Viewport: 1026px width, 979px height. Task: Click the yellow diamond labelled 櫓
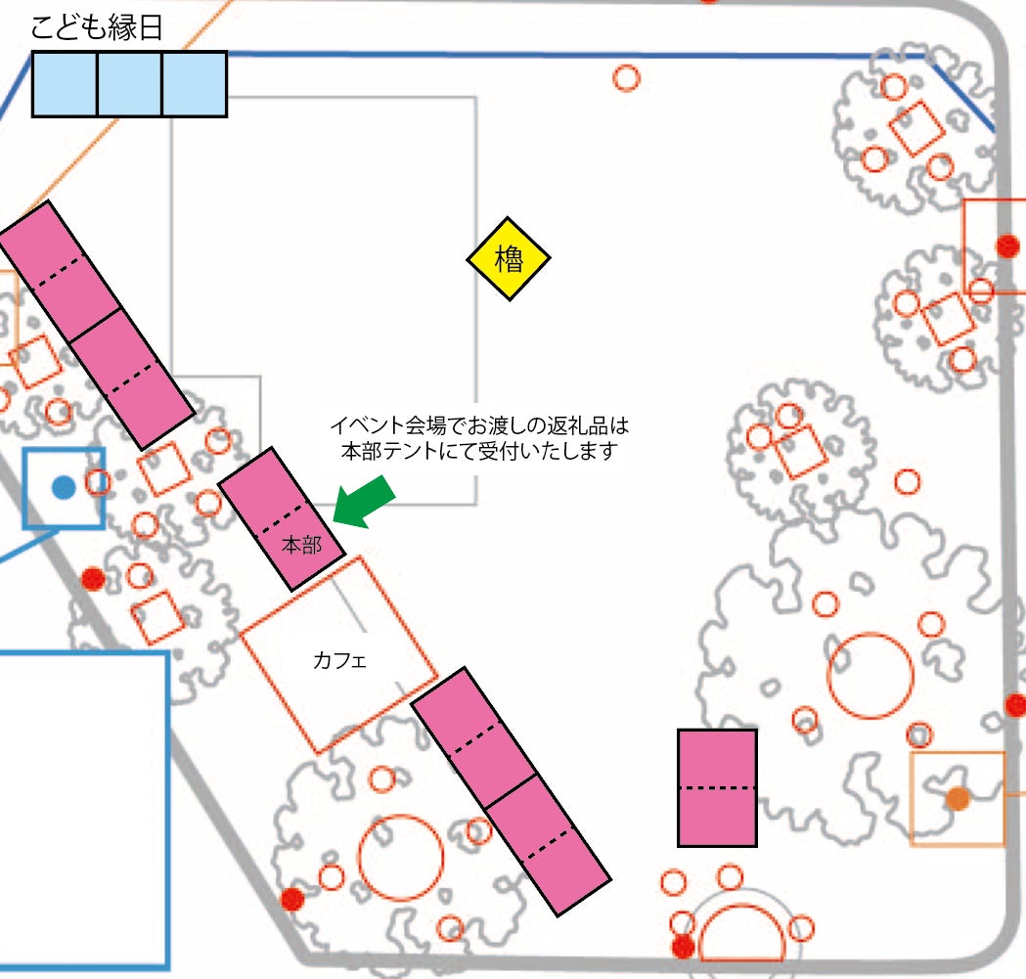508,258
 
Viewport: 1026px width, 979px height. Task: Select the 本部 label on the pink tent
301,545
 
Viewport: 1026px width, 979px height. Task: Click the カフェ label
339,660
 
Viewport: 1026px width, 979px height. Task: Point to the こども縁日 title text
96,27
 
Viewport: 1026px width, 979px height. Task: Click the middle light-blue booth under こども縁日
129,84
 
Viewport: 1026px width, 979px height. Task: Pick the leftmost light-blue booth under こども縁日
65,84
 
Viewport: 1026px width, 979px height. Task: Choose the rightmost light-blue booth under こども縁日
195,84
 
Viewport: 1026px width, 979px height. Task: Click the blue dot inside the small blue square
64,487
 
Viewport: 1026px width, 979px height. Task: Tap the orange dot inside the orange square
958,798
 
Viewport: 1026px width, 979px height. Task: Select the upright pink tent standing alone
717,788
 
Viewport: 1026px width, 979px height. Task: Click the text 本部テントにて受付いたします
479,451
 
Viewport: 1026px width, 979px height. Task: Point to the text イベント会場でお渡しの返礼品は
479,426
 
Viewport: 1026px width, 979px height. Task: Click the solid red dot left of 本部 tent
93,579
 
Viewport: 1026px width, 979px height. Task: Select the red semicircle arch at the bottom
741,907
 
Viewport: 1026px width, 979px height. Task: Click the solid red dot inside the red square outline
1007,246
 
